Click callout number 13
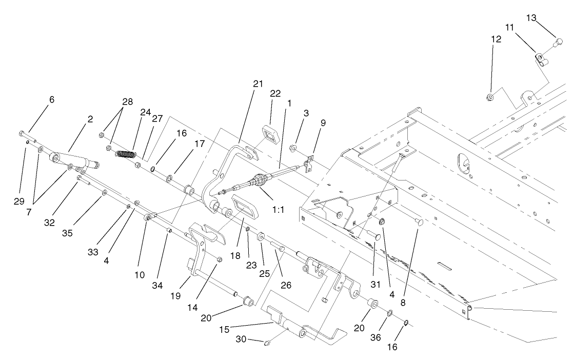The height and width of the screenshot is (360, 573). coord(545,18)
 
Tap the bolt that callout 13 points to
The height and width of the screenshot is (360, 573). coord(558,41)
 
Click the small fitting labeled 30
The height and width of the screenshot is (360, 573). coord(267,344)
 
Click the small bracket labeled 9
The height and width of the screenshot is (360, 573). coord(308,164)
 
